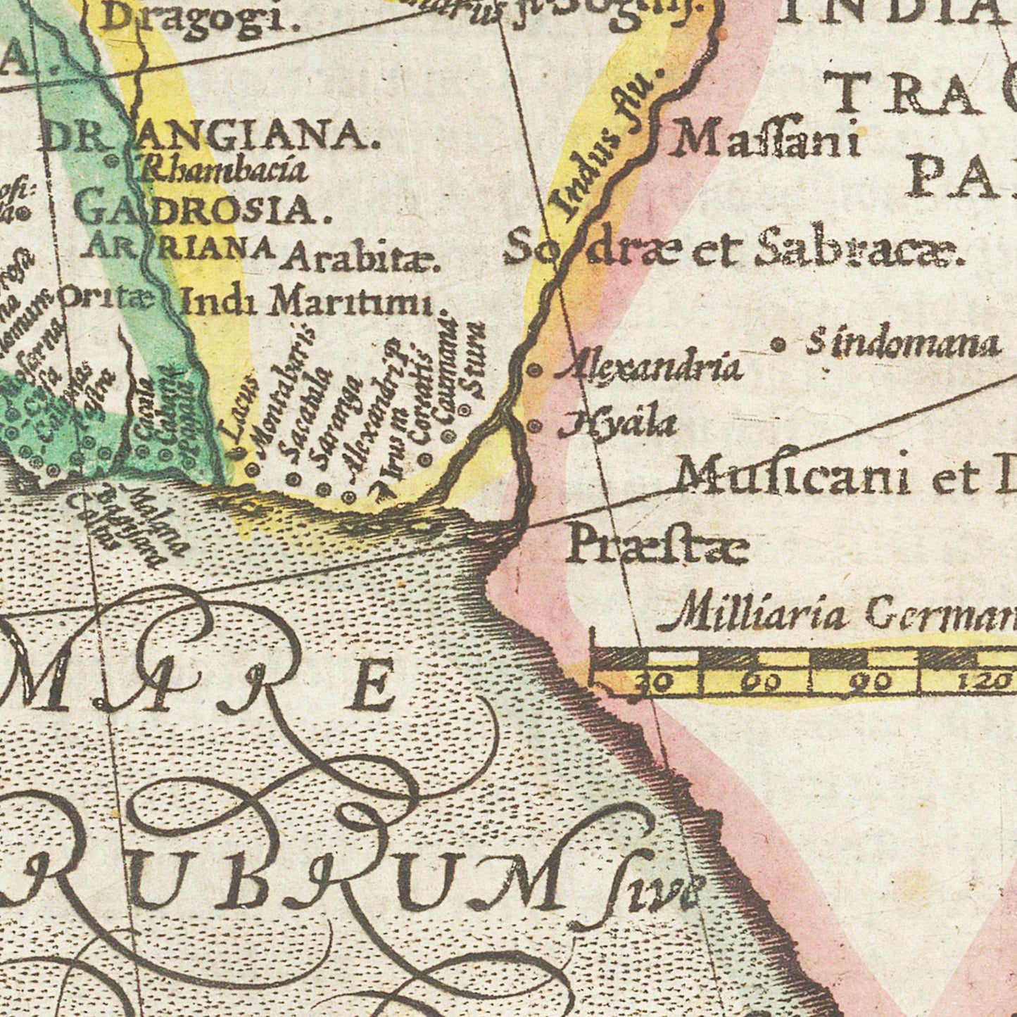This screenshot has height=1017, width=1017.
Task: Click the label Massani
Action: click(x=766, y=139)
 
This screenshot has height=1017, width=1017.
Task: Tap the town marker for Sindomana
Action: click(x=778, y=345)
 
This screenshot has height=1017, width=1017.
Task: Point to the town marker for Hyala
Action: click(x=535, y=425)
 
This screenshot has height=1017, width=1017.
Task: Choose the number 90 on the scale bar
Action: click(x=872, y=681)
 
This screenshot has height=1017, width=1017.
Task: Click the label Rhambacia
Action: click(x=225, y=169)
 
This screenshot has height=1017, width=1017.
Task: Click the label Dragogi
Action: click(x=199, y=17)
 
